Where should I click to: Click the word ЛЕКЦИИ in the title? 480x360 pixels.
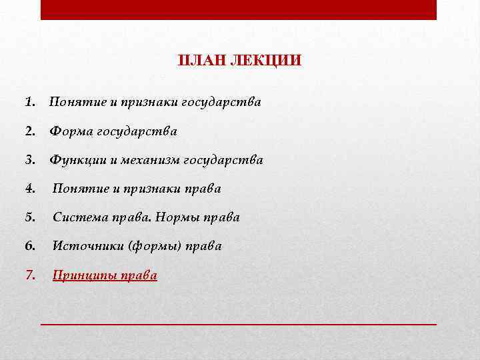point(265,61)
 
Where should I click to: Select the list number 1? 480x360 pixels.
point(29,103)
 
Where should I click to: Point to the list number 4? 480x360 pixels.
point(29,189)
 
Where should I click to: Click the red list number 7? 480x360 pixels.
point(29,275)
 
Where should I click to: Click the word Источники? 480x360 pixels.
point(83,246)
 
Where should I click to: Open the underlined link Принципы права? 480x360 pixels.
point(105,275)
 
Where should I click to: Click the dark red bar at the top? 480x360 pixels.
point(239,9)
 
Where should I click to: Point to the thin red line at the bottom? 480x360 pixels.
point(239,323)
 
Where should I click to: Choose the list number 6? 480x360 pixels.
point(29,246)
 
